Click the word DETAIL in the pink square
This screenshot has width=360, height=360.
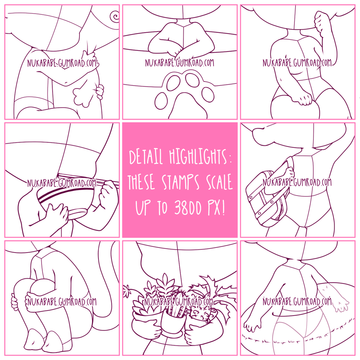[x=146, y=157]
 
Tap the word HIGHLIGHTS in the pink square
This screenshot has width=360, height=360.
[x=198, y=157]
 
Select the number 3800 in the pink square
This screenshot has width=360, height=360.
[x=188, y=207]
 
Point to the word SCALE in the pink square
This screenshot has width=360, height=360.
[x=219, y=182]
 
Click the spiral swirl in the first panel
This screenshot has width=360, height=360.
[x=115, y=16]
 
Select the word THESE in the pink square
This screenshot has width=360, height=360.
[x=141, y=182]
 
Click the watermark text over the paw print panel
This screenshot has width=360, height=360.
[x=179, y=62]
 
